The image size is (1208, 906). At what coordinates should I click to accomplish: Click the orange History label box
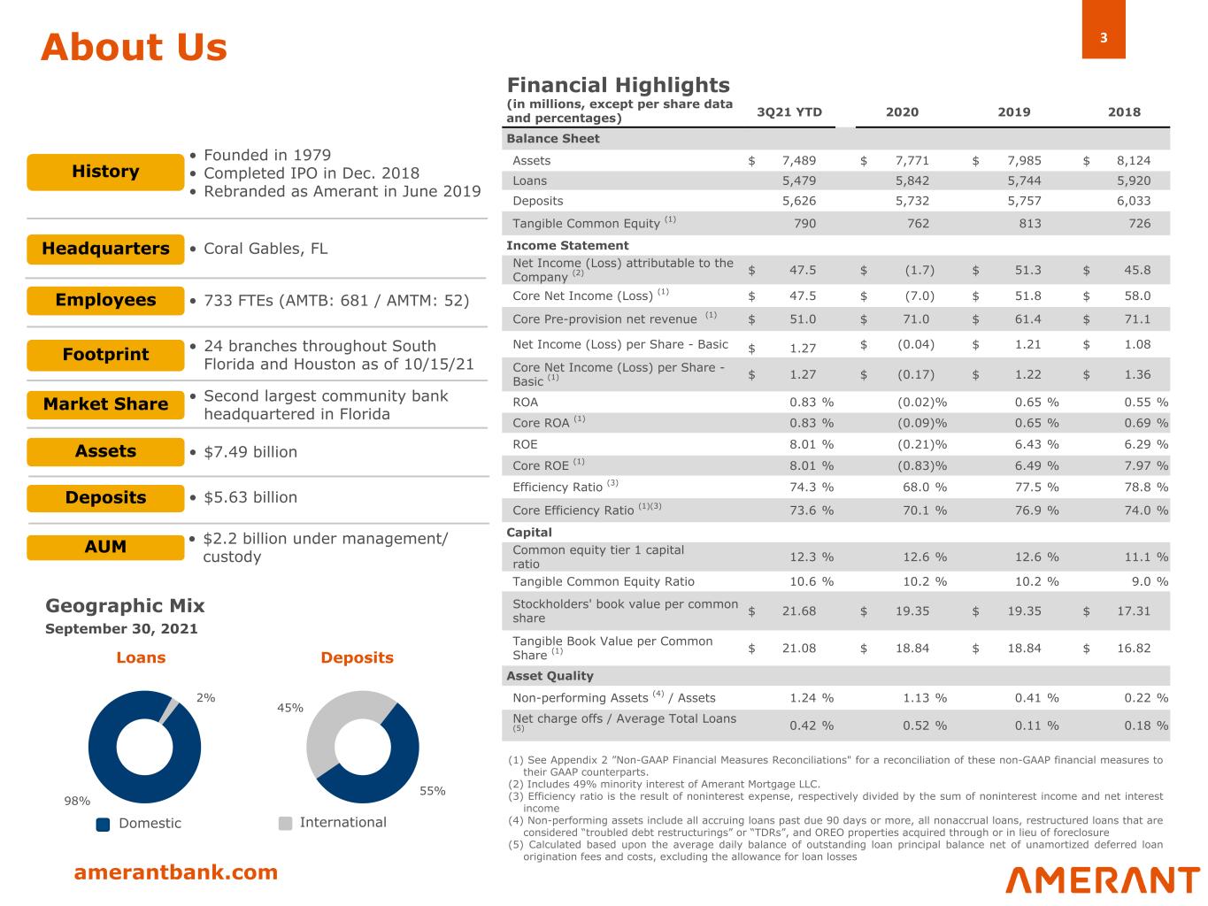[105, 172]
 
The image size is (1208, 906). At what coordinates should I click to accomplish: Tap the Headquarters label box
[105, 249]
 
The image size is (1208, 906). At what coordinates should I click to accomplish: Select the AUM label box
[105, 547]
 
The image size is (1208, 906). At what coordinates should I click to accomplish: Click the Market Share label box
[105, 404]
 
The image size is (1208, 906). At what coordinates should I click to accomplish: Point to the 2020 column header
[902, 112]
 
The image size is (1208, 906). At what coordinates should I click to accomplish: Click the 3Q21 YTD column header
[789, 112]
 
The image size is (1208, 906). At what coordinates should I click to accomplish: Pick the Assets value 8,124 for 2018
[1134, 161]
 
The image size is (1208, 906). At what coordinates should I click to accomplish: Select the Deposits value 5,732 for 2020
[912, 201]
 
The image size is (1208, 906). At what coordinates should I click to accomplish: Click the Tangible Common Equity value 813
[1029, 223]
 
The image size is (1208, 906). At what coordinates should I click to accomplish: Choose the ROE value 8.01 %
[811, 444]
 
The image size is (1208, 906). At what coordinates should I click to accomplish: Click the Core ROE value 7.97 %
[1146, 465]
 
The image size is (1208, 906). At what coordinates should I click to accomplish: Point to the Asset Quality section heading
[550, 676]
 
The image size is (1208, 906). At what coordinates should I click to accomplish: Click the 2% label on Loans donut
[205, 697]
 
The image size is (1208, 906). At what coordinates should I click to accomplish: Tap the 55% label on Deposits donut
[432, 791]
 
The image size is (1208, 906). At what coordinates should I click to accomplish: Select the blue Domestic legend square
[103, 824]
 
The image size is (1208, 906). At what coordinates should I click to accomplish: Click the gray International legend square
[285, 823]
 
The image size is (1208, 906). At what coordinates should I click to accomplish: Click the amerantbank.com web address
[175, 872]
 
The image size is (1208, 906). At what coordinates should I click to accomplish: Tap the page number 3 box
[1104, 37]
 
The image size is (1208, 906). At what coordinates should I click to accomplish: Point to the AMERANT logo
[1103, 879]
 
